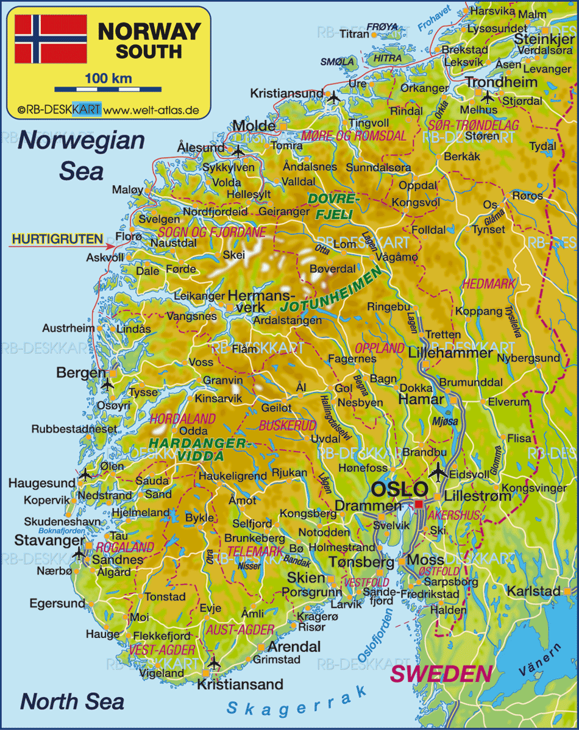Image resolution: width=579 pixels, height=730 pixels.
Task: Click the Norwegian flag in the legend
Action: point(51,39)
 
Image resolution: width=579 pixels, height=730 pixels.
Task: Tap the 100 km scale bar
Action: point(107,89)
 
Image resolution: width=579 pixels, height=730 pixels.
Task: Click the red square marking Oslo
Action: point(419,504)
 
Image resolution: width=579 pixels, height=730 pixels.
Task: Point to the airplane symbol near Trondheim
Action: point(487,97)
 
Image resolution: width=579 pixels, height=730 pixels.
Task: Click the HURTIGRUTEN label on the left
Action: point(58,239)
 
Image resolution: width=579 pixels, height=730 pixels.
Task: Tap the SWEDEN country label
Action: point(441,674)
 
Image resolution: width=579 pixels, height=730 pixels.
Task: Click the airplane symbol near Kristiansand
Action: point(213,662)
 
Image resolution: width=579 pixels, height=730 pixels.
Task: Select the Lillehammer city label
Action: point(450,353)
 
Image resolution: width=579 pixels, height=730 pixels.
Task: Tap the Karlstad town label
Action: point(533,591)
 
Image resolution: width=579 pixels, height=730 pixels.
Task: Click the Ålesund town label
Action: point(201,148)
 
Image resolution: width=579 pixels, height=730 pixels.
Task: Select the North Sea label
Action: point(72,701)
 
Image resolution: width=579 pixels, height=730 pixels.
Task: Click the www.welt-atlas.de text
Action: point(151,110)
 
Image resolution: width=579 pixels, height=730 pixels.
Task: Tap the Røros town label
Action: point(527,196)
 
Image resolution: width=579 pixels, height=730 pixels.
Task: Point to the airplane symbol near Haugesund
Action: point(86,473)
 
